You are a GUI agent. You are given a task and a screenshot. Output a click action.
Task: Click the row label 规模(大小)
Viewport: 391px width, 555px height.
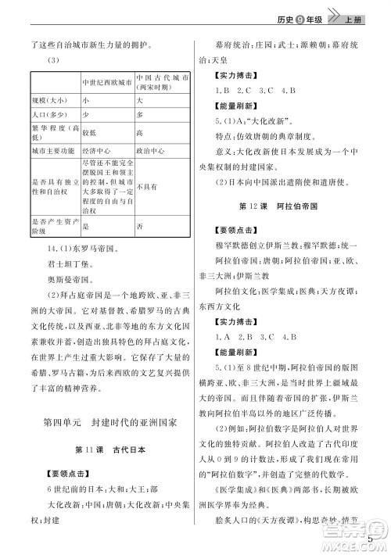tap(46, 101)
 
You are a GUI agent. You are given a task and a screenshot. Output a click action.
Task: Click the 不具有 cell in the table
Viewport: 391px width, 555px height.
tap(147, 187)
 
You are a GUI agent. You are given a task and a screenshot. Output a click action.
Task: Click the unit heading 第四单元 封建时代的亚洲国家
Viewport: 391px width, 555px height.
tap(109, 422)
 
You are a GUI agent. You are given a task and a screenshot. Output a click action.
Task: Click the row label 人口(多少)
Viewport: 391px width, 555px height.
tap(46, 115)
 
